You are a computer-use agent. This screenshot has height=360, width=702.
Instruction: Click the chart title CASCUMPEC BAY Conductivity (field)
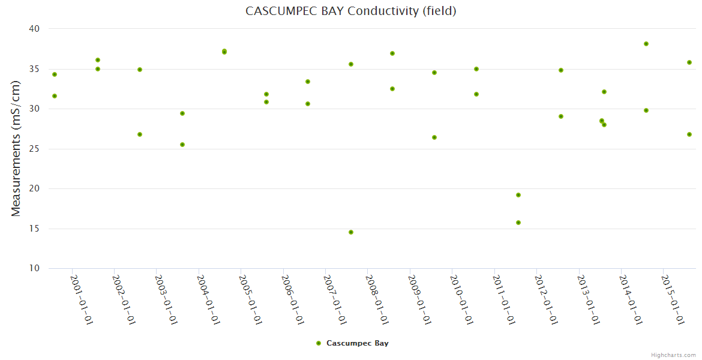[351, 11]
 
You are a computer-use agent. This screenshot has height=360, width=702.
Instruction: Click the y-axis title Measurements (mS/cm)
[16, 148]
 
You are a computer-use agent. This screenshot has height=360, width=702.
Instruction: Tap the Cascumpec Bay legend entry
[352, 343]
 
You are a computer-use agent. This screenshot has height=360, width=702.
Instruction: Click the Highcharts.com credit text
[673, 355]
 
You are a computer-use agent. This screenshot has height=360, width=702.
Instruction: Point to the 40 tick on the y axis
[34, 29]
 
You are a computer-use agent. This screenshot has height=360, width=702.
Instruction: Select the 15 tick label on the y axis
[34, 229]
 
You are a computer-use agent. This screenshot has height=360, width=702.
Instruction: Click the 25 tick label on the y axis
[34, 149]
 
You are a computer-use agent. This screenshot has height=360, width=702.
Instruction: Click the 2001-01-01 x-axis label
[82, 299]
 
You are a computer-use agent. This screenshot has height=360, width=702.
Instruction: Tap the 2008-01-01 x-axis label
[377, 299]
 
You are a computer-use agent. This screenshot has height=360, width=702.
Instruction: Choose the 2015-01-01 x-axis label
[673, 299]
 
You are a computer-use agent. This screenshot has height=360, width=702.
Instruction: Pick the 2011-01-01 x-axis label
[504, 299]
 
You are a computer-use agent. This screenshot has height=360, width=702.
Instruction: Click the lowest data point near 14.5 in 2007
[351, 232]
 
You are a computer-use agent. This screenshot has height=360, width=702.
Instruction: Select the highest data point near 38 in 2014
[646, 44]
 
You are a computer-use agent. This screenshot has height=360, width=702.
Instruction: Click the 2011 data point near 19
[518, 195]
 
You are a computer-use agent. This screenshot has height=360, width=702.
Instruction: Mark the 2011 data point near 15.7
[518, 223]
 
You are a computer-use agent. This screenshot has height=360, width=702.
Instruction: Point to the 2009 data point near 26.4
[434, 137]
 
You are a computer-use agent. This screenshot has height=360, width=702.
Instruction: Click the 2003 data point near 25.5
[182, 145]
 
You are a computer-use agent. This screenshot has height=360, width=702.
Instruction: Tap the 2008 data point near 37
[392, 53]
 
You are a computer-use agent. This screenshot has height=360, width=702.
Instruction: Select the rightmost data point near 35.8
[689, 62]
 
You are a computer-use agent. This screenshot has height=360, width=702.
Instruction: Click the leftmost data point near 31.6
[55, 96]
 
